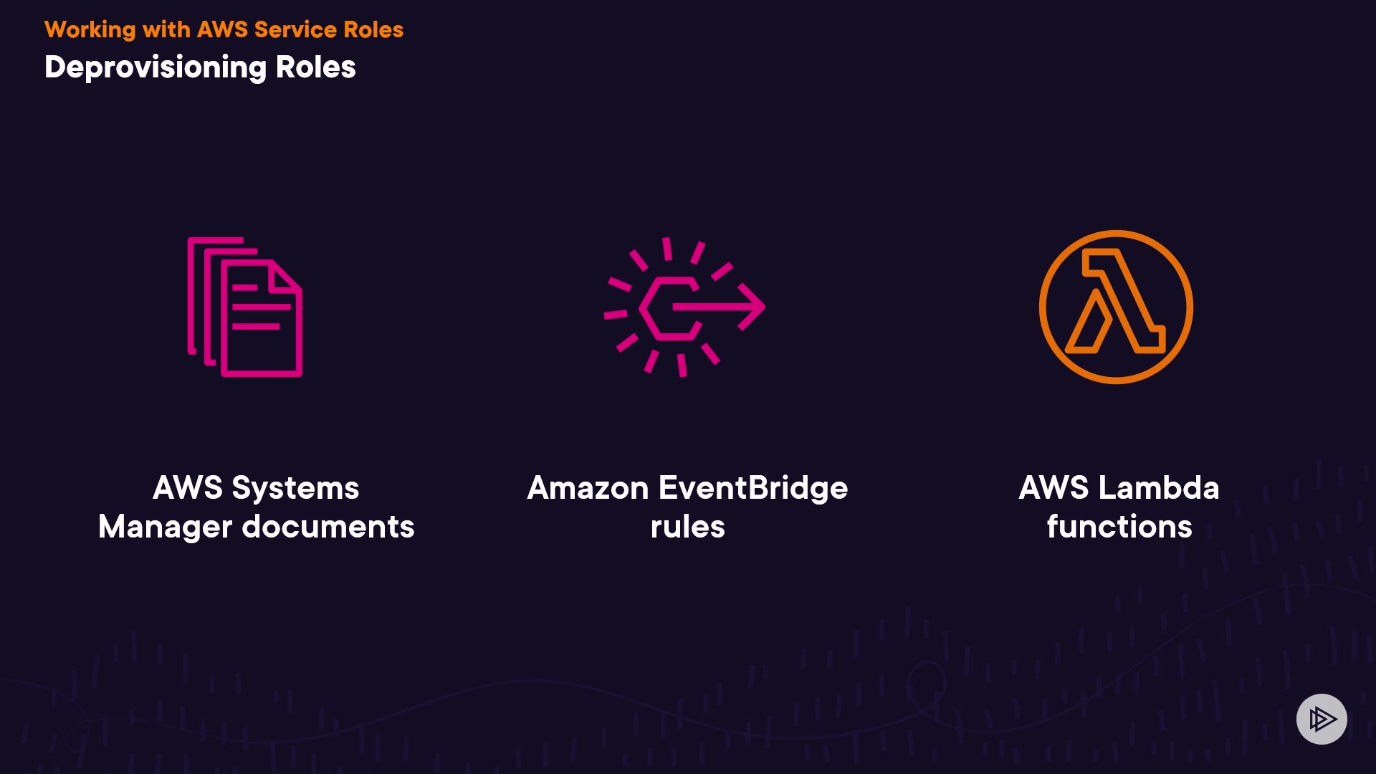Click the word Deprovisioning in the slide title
(155, 68)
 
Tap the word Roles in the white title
(315, 67)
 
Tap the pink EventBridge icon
(684, 307)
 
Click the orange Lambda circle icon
(1116, 307)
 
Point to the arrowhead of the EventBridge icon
(752, 307)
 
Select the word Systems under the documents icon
(295, 488)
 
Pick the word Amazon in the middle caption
(588, 488)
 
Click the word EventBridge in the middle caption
(752, 488)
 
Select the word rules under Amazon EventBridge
(687, 527)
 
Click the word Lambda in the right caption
(1158, 488)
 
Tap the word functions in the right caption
(1119, 527)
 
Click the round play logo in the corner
(1322, 719)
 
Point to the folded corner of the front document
(285, 276)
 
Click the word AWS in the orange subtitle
(222, 29)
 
